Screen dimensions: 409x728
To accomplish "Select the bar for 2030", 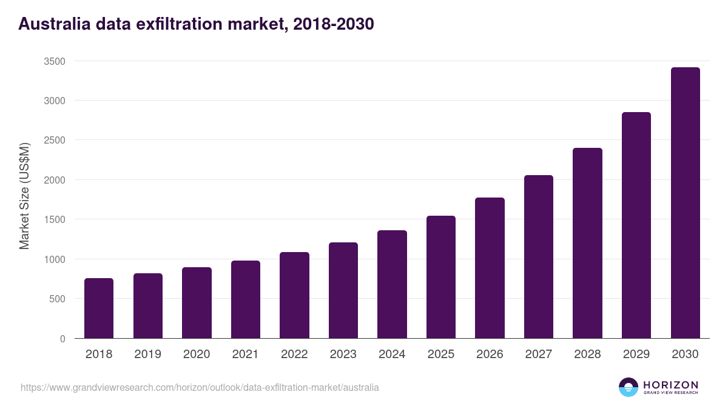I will (685, 203).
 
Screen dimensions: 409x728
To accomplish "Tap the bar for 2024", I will (392, 284).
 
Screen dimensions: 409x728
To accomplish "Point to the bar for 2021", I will (246, 299).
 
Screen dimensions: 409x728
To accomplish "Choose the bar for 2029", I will (636, 225).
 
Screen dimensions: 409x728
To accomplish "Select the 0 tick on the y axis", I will (62, 339).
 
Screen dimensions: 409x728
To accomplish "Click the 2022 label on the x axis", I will (294, 354).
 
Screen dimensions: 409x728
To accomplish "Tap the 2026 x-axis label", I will (490, 354).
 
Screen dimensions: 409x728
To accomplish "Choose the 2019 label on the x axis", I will (147, 354).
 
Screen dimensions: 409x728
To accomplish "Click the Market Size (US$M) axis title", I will (24, 196).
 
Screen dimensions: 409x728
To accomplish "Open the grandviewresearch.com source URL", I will (200, 387).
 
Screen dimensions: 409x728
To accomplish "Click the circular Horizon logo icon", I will (629, 387).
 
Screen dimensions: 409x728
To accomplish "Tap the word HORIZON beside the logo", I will (670, 385).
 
